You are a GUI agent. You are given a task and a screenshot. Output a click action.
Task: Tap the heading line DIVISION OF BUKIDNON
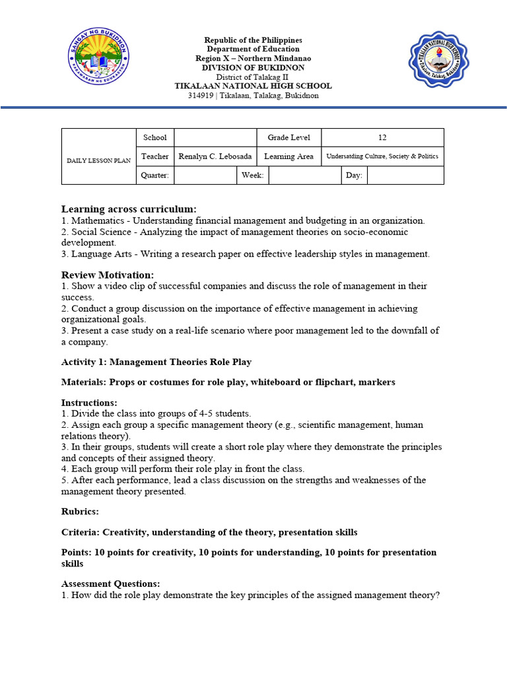click(253, 67)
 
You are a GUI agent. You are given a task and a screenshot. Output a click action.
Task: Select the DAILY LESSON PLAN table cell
click(98, 160)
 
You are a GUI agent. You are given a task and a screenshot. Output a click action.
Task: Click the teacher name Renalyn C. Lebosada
click(215, 156)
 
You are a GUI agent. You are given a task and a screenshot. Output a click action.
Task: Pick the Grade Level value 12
click(382, 137)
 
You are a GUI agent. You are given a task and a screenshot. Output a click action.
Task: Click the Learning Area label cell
click(288, 156)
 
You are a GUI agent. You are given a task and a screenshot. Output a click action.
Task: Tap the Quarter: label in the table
click(155, 175)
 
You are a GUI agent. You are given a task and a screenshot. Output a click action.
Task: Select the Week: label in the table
click(253, 175)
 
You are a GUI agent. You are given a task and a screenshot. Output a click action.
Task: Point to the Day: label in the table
click(354, 175)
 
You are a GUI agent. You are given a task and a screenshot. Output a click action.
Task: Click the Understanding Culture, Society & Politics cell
click(382, 156)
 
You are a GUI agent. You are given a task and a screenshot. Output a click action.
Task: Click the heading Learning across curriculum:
click(129, 209)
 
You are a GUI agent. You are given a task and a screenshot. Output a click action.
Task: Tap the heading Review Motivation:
click(108, 274)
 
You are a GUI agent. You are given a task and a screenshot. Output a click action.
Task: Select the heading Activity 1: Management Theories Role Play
click(156, 362)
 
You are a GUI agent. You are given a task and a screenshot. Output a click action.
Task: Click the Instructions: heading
click(89, 402)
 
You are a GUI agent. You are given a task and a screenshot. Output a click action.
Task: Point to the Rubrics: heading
click(81, 511)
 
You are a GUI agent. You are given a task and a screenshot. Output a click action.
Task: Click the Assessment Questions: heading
click(110, 584)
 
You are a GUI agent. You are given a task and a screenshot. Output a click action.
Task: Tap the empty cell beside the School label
click(215, 137)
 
